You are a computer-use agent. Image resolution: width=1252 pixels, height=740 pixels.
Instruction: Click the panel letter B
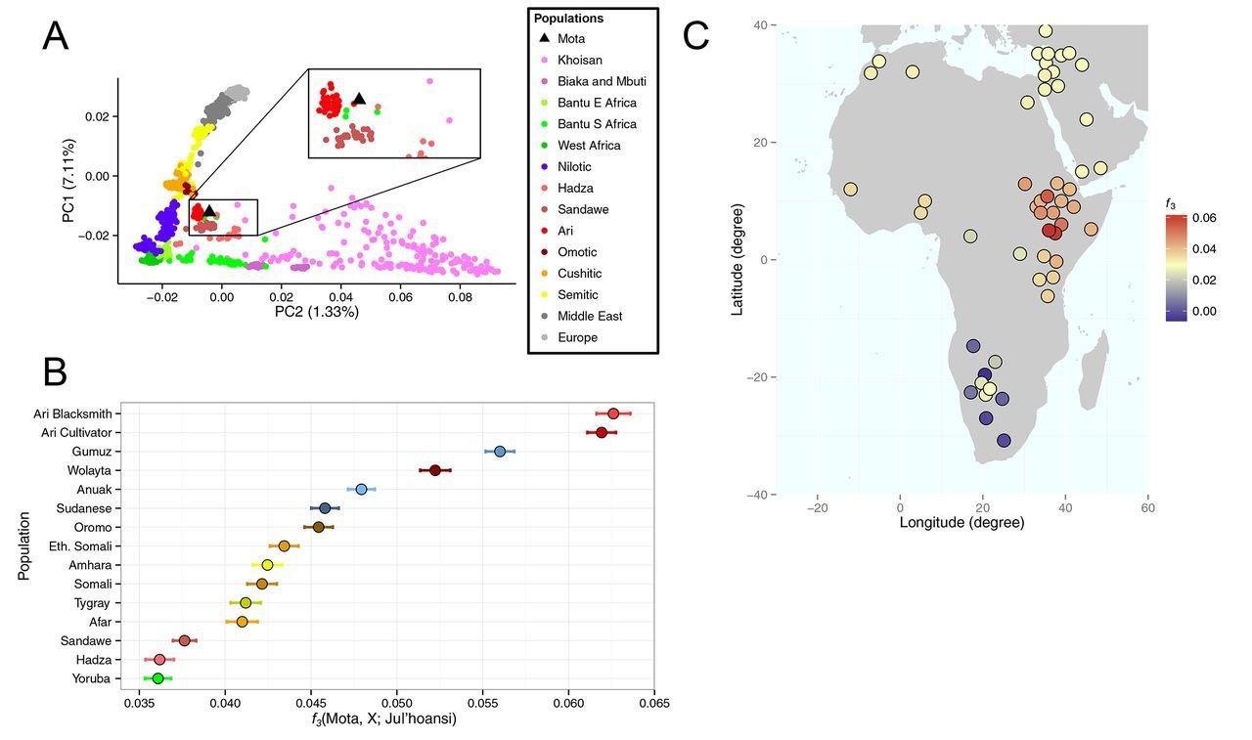(x=56, y=371)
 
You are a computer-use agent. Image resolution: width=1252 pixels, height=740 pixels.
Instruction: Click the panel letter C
(x=695, y=35)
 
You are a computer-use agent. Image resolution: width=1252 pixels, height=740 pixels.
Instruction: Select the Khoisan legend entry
(x=579, y=61)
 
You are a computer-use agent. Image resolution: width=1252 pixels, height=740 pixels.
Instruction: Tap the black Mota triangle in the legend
(x=544, y=39)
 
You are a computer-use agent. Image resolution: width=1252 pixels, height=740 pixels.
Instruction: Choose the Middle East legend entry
(x=590, y=316)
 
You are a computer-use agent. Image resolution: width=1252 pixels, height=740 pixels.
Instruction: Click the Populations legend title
(x=568, y=19)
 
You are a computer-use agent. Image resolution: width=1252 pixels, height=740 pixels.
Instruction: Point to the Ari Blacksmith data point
(x=613, y=414)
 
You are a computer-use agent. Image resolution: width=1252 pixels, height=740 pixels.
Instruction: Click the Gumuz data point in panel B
(x=500, y=452)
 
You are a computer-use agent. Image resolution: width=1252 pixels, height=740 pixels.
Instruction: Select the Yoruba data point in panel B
(x=158, y=678)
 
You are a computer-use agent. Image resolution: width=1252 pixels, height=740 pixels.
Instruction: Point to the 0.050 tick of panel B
(x=396, y=702)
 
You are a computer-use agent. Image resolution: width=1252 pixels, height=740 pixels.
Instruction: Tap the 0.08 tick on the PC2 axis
(x=460, y=295)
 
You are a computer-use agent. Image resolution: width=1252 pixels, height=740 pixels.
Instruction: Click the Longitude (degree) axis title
(x=961, y=523)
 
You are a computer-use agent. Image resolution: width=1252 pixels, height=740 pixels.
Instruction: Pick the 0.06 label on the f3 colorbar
(x=1204, y=218)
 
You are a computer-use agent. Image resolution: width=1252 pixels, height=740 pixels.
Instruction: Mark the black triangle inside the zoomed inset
(x=359, y=99)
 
